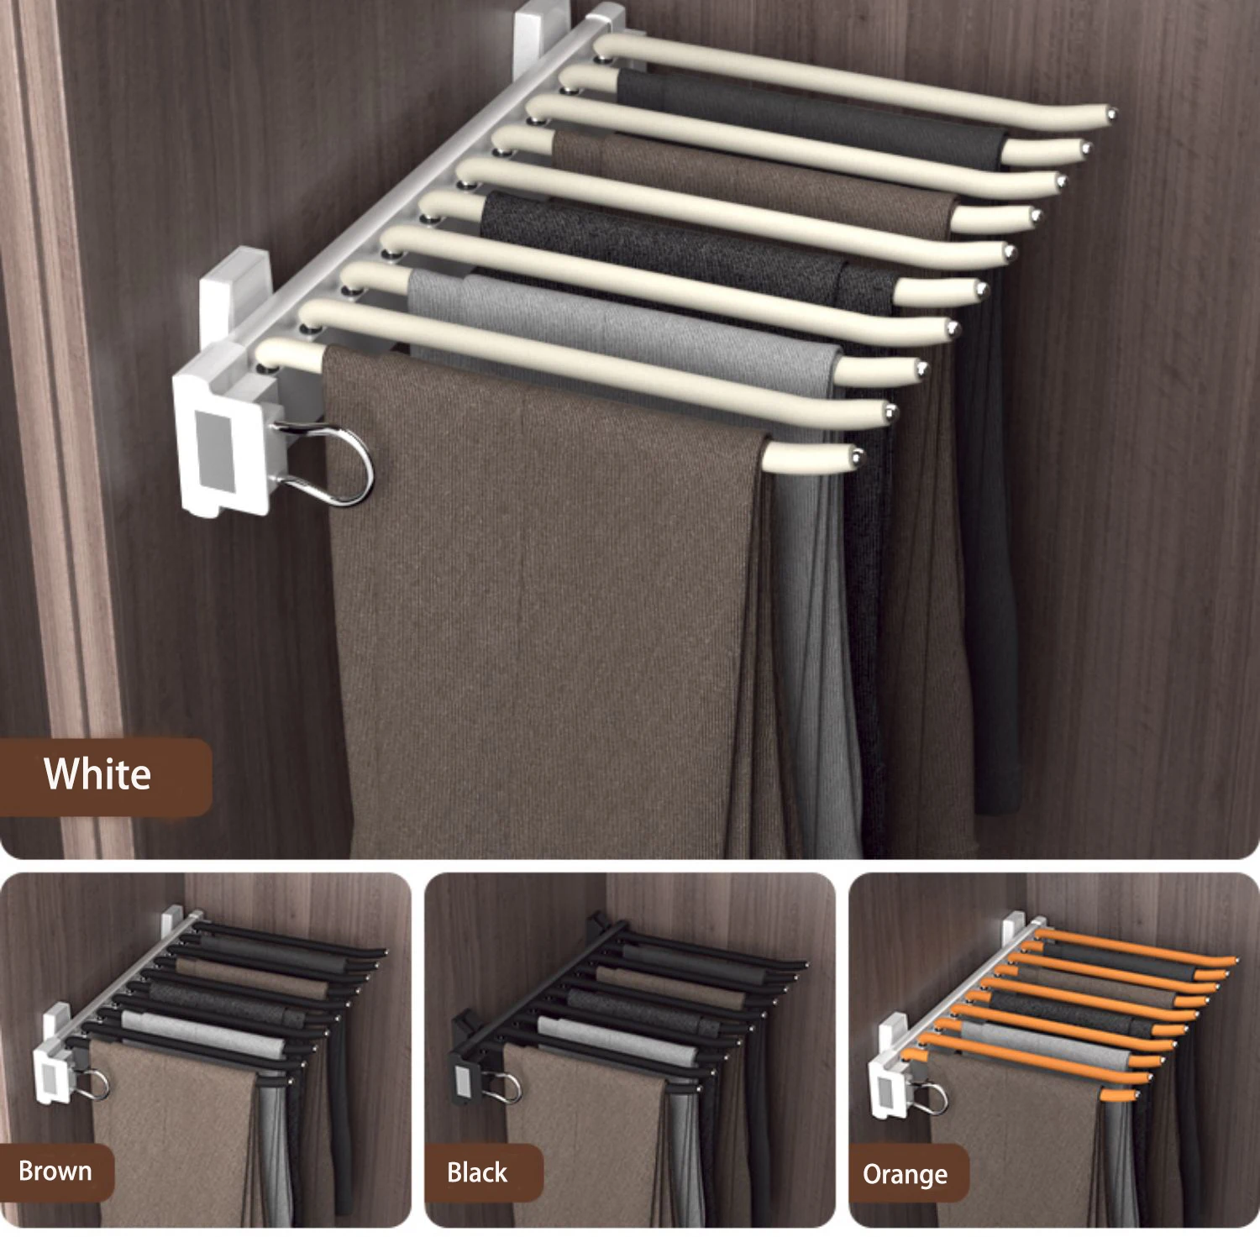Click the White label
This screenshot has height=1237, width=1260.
(97, 774)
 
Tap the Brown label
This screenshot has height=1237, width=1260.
(55, 1171)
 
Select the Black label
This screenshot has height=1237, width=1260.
(477, 1172)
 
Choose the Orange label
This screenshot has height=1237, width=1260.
(905, 1174)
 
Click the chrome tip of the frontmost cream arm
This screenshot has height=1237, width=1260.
(858, 456)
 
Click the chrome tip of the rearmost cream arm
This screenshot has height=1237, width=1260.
(1111, 111)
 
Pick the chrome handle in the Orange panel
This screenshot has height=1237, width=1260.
(939, 1097)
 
